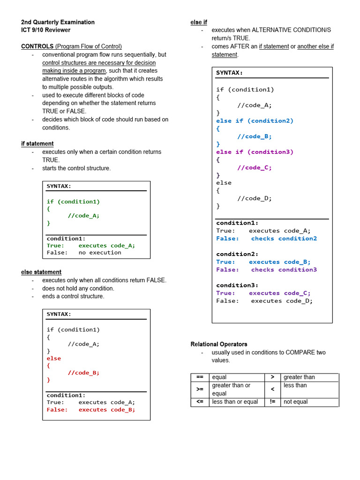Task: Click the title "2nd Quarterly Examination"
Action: point(58,22)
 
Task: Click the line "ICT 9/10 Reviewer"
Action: point(46,30)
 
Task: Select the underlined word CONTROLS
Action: point(37,46)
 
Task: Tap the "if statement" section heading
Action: point(37,143)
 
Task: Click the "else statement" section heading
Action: point(41,272)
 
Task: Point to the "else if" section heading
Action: point(199,22)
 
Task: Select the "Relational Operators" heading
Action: point(219,344)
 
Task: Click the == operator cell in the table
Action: point(200,377)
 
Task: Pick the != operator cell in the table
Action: point(272,402)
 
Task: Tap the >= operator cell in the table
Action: point(200,390)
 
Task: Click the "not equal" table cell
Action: point(296,402)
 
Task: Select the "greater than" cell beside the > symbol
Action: point(299,377)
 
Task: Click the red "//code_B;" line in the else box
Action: point(83,373)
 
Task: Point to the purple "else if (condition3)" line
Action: point(255,152)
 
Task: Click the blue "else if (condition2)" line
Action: point(255,121)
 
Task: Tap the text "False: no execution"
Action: point(84,253)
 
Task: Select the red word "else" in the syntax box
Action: point(54,358)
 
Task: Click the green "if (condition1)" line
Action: point(73,202)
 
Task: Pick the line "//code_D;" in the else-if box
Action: point(255,198)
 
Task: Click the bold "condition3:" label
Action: point(237,285)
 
